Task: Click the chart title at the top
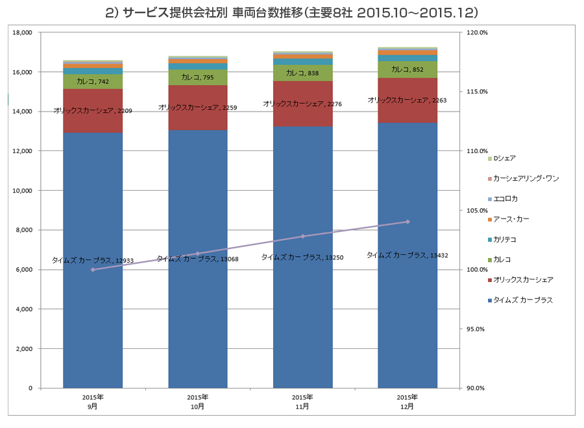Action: coord(291,12)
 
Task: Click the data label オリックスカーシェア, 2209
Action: coord(93,111)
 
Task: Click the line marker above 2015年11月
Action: coord(303,236)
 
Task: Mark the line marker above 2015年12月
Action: coord(408,222)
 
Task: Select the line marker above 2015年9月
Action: coord(93,270)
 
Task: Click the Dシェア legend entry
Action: coord(504,158)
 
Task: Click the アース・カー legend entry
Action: coord(511,219)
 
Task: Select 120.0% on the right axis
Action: coord(478,32)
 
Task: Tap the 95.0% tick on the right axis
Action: coord(476,329)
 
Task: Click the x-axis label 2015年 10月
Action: coord(197,401)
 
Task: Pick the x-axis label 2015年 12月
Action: coord(407,401)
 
